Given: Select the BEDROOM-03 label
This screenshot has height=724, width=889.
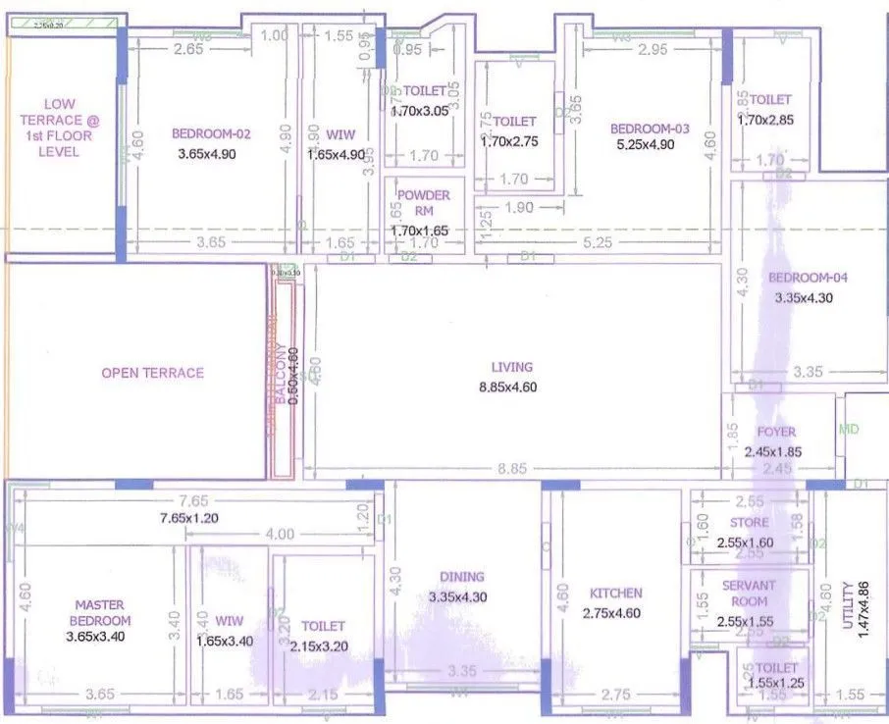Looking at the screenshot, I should click(650, 129).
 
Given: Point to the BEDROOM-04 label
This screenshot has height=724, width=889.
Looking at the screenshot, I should click(808, 277).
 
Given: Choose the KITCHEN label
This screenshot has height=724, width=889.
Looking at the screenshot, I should click(615, 593).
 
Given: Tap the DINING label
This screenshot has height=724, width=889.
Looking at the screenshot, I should click(461, 578).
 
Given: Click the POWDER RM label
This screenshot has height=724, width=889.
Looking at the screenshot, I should click(424, 202).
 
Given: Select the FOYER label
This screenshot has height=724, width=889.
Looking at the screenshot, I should click(776, 432).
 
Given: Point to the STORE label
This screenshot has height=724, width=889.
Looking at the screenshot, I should click(749, 523).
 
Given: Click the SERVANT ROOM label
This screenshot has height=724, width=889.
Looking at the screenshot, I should click(749, 593).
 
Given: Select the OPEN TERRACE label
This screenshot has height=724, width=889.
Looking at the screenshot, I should click(152, 373).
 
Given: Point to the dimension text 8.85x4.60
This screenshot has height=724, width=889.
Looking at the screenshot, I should click(506, 388).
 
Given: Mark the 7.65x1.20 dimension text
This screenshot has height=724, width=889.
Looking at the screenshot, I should click(196, 518).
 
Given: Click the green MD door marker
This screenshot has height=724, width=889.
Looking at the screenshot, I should click(849, 429).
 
